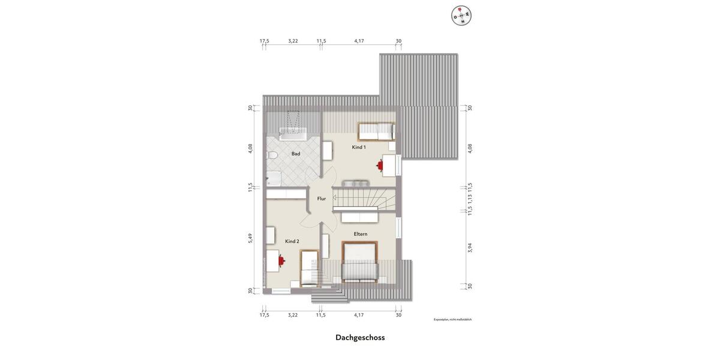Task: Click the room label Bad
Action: (296, 154)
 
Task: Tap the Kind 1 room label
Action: (359, 147)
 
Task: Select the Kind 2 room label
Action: (292, 241)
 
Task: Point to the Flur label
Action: (322, 199)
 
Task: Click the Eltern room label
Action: (361, 234)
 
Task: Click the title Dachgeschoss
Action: (360, 337)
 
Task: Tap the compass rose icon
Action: (461, 15)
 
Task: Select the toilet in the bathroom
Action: (272, 156)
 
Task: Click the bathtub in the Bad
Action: (292, 133)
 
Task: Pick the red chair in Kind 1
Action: (380, 164)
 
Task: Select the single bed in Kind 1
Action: (376, 131)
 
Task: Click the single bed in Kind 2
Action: (309, 268)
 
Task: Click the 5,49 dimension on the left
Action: (251, 238)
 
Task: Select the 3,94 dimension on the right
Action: (470, 247)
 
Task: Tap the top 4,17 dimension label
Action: (359, 41)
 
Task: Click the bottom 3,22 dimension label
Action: (293, 314)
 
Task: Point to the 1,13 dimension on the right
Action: (470, 199)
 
